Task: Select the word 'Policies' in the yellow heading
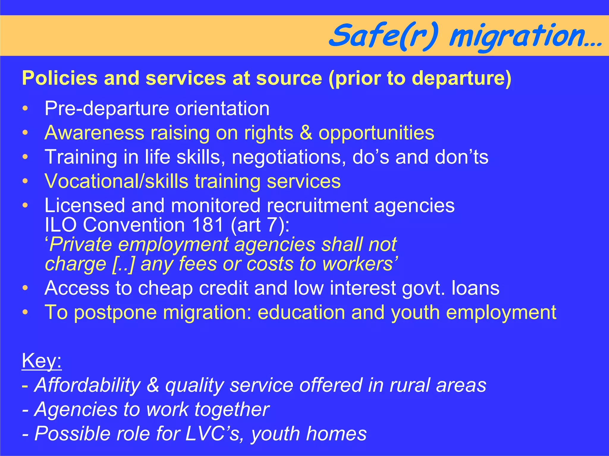[60, 78]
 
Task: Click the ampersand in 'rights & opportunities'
[306, 133]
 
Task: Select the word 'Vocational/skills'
[116, 181]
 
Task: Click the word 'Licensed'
[84, 205]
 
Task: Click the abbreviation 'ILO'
[61, 225]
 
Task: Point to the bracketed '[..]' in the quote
[123, 264]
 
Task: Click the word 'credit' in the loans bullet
[223, 288]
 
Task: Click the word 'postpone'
[115, 313]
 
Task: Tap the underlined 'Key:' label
[42, 361]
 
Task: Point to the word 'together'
[232, 410]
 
